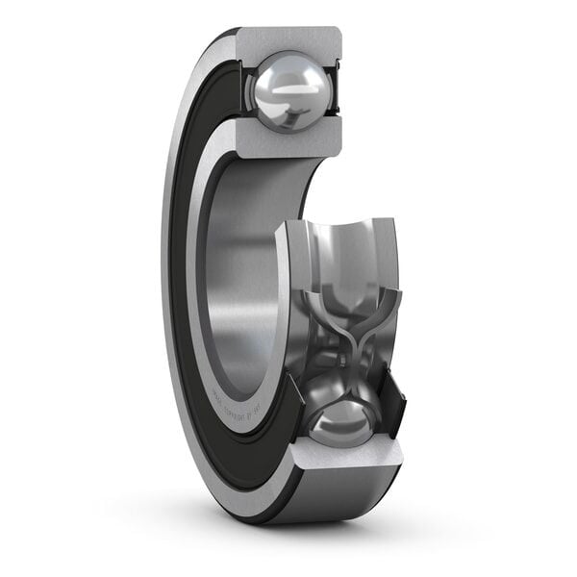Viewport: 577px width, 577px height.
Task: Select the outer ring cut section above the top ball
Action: coord(288,40)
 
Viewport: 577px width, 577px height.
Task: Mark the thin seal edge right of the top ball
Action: coord(338,91)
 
